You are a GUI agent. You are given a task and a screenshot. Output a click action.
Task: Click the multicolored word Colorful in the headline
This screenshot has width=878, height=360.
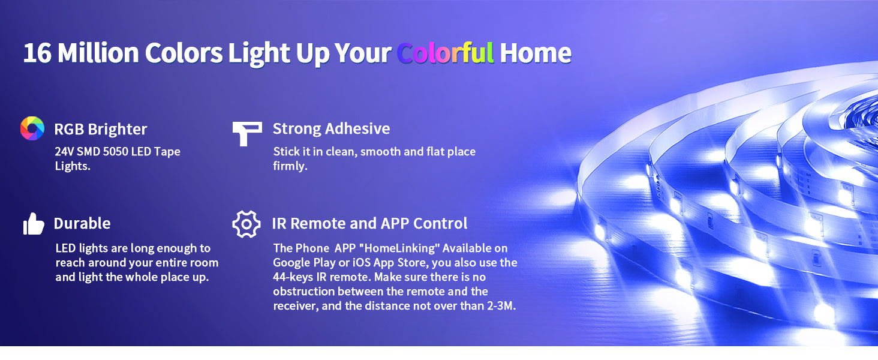pos(445,53)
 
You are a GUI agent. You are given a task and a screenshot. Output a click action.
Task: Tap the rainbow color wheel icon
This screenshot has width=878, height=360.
pos(32,128)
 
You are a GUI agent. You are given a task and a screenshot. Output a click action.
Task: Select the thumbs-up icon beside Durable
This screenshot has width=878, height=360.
pos(34,224)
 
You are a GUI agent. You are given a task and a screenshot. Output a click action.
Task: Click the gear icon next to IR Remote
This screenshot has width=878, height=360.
pos(246,224)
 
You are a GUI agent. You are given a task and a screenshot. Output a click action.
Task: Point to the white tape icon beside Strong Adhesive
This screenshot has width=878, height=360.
pos(246,133)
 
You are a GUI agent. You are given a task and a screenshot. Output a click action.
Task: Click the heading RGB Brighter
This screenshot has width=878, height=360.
pos(100,129)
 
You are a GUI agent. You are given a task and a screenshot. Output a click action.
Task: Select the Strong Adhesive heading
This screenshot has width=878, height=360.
pos(331,128)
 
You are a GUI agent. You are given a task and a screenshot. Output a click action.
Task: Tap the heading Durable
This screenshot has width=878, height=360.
pos(82,223)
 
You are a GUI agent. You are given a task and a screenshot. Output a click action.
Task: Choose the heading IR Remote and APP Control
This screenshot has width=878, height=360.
pos(369,223)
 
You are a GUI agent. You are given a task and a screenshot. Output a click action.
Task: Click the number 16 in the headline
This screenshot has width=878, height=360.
pos(37,53)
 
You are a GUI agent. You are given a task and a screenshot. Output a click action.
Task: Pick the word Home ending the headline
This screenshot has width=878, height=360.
pos(535,53)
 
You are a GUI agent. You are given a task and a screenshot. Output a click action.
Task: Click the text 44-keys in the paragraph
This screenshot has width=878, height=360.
pos(293,277)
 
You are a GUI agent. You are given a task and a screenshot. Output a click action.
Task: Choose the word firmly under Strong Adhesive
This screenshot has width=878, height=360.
pos(290,166)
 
